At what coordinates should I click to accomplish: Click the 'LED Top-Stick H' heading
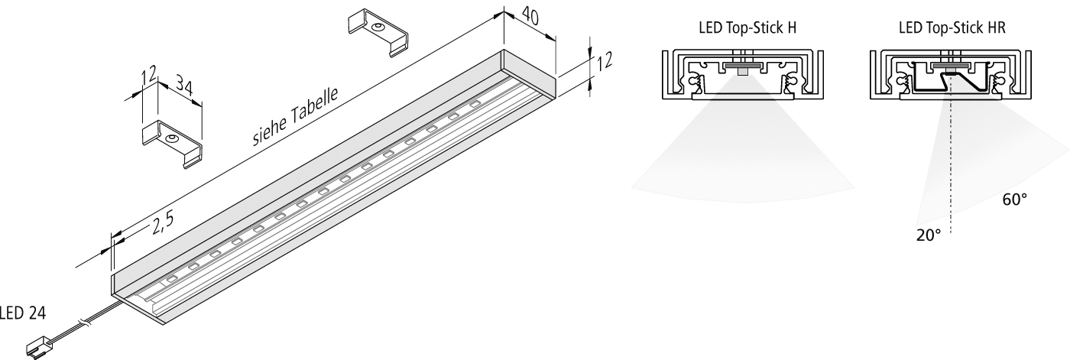[747, 28]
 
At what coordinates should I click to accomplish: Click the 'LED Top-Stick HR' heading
[952, 28]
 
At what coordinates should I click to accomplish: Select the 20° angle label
[929, 235]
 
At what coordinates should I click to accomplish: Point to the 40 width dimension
[530, 15]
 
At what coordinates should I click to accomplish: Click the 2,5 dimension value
[163, 222]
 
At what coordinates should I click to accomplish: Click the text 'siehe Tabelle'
[295, 116]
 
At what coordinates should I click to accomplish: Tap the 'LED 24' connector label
[22, 313]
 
